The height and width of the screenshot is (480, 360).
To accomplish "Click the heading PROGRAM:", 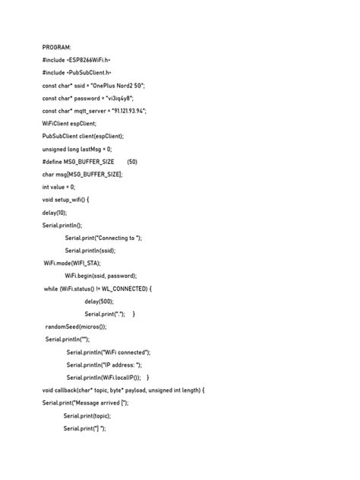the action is [x=58, y=46].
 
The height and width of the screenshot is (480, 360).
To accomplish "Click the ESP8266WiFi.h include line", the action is [x=77, y=59].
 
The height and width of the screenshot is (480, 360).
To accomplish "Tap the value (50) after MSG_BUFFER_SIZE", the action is [x=132, y=162].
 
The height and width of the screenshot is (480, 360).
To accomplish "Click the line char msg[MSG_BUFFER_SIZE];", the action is [x=82, y=174].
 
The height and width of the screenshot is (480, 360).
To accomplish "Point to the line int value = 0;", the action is [x=58, y=187].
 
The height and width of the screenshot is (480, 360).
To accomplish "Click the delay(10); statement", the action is [x=55, y=213].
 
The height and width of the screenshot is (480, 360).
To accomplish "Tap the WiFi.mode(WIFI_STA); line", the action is [x=72, y=264].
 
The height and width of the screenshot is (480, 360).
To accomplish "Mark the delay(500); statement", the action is [x=99, y=302].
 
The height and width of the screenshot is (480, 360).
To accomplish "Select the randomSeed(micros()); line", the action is [x=76, y=327].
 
